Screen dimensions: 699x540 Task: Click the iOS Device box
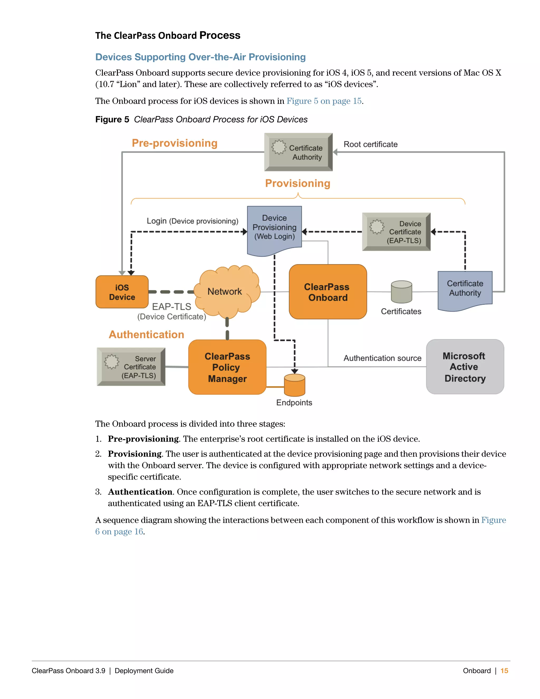(x=122, y=292)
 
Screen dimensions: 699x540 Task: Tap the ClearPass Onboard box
(x=327, y=292)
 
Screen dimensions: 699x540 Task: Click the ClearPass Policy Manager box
(x=227, y=367)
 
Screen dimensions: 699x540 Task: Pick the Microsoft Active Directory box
(x=465, y=367)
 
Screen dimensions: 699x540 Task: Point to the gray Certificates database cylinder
(x=402, y=292)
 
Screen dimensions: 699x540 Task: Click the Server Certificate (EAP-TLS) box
(x=131, y=367)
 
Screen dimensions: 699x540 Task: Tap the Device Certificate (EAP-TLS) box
(x=396, y=232)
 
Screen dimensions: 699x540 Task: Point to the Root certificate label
(x=370, y=144)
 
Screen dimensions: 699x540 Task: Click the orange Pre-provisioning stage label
(x=175, y=143)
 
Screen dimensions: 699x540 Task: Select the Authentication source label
(x=382, y=358)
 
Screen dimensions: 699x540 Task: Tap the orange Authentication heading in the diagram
(x=147, y=334)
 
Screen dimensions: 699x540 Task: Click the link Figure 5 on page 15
(x=324, y=101)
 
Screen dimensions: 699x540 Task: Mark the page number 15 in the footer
(x=504, y=671)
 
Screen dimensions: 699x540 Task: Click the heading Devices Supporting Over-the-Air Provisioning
(x=201, y=57)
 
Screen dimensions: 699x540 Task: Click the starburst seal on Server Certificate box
(x=112, y=362)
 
